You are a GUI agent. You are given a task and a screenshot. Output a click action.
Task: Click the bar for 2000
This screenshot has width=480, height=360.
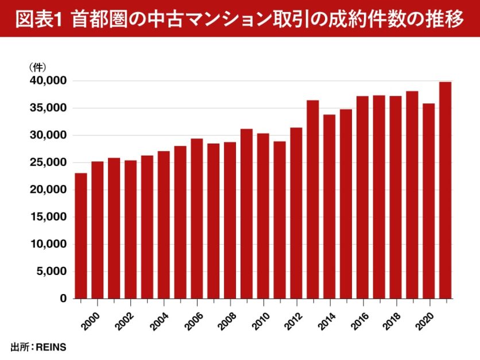98,230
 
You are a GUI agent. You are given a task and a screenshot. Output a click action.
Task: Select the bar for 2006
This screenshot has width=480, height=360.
197,218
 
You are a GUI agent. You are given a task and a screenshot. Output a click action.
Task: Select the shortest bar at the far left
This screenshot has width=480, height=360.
81,235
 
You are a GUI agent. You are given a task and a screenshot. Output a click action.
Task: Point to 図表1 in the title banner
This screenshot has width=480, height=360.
40,19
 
